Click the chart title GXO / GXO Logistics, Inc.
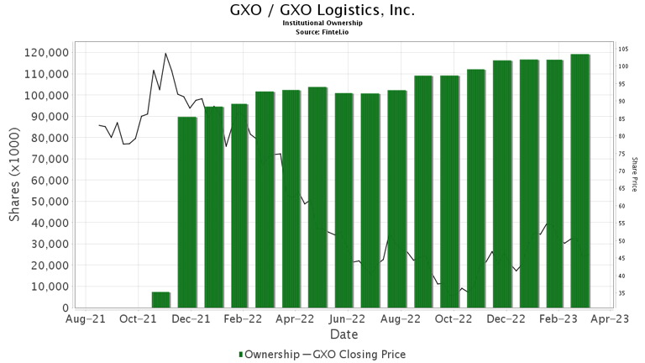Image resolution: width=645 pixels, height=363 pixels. pos(322,11)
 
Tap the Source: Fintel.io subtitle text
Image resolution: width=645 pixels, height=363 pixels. pos(322,31)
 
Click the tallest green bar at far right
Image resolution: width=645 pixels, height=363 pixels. pos(579,181)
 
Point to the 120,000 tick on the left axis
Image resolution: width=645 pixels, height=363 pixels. pos(39,52)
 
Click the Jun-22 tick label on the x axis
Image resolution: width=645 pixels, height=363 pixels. pos(347,319)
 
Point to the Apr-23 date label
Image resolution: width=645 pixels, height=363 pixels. pos(611,319)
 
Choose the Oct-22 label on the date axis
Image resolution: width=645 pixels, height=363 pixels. pos(454,319)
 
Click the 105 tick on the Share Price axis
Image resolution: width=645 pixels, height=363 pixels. pos(624,49)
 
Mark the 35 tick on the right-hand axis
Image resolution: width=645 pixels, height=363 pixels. pos(623,293)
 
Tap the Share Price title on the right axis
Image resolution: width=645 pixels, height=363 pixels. pos(635,174)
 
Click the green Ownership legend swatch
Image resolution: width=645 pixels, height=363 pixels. pos(242,355)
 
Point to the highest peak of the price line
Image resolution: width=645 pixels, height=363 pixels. pos(165,54)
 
